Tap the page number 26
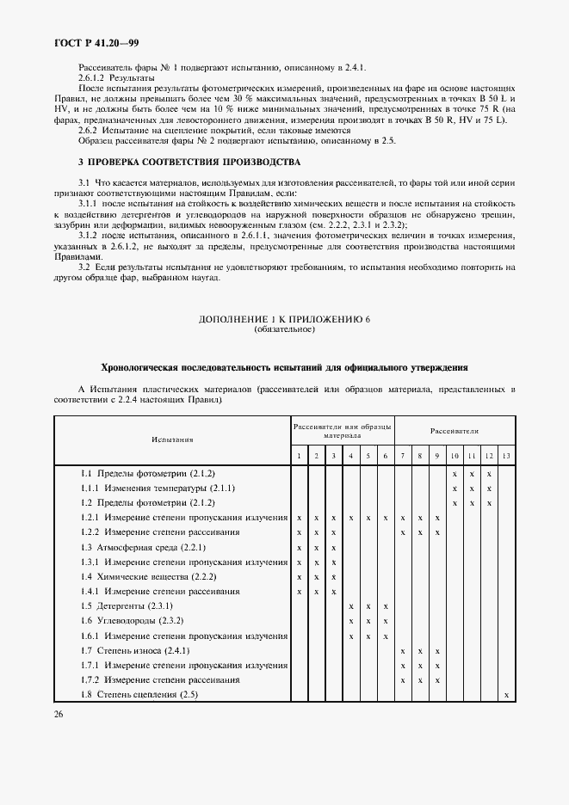[x=59, y=713]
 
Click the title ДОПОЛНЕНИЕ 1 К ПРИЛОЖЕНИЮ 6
[x=284, y=319]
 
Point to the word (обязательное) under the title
[x=284, y=329]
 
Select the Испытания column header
[x=172, y=439]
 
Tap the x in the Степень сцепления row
[x=506, y=694]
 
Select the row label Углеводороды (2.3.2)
[x=133, y=621]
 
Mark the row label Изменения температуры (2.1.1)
[x=152, y=488]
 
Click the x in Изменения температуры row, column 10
[x=455, y=489]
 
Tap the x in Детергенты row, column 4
[x=350, y=606]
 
